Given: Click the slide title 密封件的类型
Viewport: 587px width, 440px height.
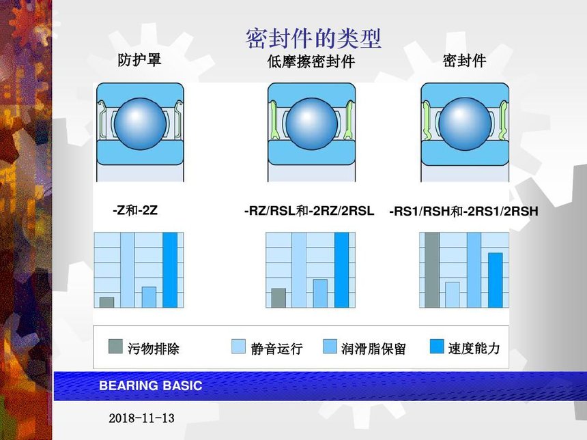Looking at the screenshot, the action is pos(313,38).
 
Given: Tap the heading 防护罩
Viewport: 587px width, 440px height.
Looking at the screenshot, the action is pos(139,60).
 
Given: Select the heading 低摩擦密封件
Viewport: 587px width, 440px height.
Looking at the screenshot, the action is pos(311,61).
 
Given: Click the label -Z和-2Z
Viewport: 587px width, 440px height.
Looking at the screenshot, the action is pos(135,210).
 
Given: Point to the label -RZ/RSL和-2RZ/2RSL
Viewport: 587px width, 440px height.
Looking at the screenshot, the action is pos(309,211).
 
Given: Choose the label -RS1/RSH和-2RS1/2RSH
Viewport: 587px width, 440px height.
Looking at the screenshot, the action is pos(464,211).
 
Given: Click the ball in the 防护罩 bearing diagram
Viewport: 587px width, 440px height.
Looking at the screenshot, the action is pos(141,124).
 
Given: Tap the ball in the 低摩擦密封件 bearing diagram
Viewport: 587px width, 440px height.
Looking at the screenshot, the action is pos(312,124).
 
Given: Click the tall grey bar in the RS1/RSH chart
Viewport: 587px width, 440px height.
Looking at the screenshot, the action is pos(432,270).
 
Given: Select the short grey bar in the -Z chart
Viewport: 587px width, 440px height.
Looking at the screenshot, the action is pos(106,302).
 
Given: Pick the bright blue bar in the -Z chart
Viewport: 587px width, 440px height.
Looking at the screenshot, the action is pos(170,270).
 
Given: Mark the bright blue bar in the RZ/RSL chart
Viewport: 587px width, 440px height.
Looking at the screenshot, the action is pos(341,270).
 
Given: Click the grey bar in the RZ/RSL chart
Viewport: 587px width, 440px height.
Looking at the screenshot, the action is pos(278,298).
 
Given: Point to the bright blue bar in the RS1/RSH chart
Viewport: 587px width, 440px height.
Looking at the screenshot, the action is pos(496,280).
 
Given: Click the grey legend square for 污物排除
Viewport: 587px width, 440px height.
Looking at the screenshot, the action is pos(115,347).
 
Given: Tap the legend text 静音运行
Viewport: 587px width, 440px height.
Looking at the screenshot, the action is pos(276,349).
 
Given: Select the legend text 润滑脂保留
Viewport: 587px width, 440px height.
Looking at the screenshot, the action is pos(373,349).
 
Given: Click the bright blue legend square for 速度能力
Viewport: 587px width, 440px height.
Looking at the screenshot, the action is pos(437,347).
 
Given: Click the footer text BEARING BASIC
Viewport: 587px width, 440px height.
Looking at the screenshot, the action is pos(150,385).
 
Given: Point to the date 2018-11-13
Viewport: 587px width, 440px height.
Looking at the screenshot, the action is pos(141,418).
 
